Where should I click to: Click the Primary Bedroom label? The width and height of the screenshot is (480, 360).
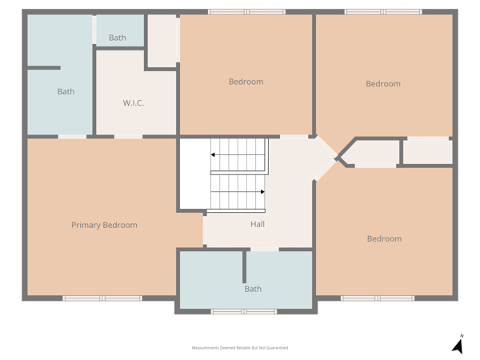coord(104,225)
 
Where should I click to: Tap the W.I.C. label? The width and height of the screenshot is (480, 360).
coord(133,103)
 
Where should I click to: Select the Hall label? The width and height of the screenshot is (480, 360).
coord(258,224)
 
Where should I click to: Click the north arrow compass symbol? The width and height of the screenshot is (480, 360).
coord(458,344)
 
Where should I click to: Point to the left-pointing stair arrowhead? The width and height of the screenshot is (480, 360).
coord(213,155)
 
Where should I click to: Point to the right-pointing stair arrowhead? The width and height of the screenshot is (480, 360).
coord(262,192)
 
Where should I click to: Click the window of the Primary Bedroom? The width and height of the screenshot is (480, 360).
coord(102,298)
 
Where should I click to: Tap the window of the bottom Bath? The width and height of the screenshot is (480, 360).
coord(244,312)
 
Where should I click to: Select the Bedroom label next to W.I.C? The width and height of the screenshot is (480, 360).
coord(246,82)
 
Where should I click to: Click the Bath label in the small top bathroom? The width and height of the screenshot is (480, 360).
coord(118,38)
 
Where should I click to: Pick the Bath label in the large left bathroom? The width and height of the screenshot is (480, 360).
coord(66,91)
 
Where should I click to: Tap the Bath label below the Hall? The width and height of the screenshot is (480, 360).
coord(253,289)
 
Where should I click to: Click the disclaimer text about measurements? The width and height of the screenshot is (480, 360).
coord(240,348)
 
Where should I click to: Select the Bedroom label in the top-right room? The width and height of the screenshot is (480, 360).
coord(383,84)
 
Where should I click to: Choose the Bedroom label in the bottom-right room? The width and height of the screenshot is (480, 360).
coord(385,238)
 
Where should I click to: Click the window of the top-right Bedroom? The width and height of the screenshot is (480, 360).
coord(383,12)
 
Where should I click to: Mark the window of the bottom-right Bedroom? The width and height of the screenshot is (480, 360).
coord(378,298)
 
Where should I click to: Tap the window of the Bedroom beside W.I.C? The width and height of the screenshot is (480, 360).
coord(246,12)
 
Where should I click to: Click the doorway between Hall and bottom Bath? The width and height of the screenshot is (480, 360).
coord(265,250)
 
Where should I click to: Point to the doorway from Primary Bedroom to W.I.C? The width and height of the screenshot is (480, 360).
coord(129,137)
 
